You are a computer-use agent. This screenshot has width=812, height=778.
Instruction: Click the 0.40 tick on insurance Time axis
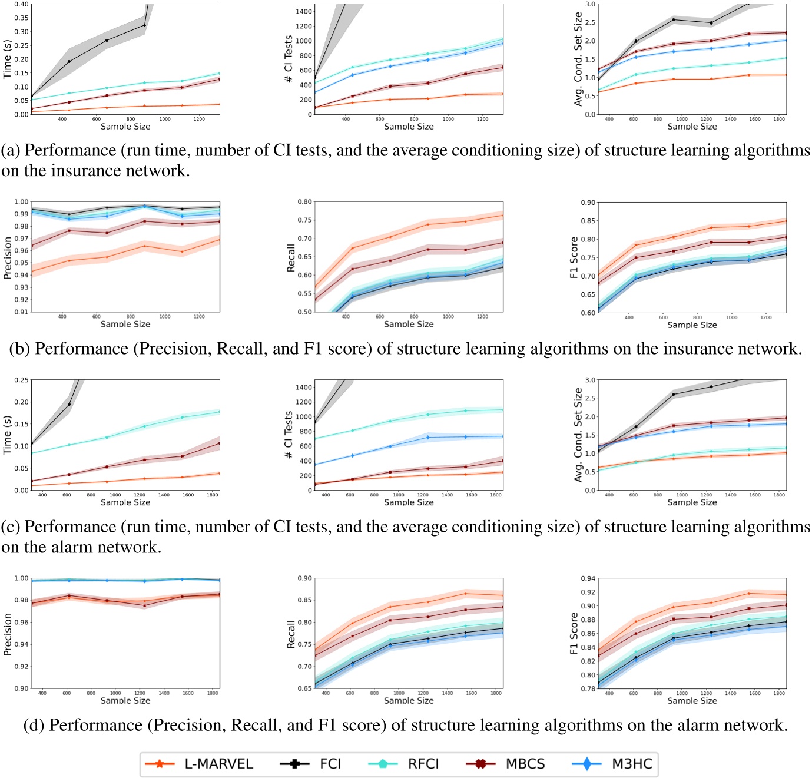point(21,4)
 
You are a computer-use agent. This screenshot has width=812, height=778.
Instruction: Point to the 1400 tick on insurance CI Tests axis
point(304,12)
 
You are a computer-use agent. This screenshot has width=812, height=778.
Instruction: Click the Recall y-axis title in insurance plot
point(290,257)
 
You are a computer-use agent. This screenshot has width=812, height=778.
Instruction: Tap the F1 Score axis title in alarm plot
point(574,633)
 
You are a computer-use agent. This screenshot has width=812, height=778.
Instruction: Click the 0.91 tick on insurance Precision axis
point(21,312)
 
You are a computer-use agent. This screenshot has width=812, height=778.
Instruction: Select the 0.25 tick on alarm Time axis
point(21,380)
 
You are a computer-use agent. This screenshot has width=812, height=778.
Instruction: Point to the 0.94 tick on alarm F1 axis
point(587,578)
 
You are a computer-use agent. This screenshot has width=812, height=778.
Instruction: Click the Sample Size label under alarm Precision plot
point(125,701)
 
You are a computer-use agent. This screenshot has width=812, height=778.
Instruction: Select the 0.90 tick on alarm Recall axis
point(304,578)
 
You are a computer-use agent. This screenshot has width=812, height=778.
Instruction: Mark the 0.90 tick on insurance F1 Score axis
point(587,203)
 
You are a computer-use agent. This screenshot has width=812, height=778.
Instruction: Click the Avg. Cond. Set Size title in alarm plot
point(578,435)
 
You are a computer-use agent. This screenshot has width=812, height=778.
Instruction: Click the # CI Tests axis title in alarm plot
point(289,435)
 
